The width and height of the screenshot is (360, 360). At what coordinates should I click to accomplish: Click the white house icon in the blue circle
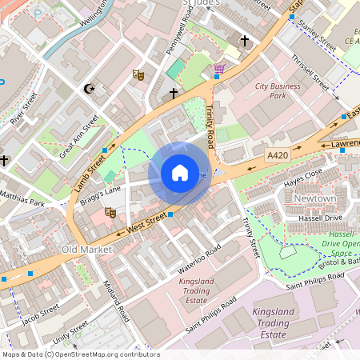point(180,173)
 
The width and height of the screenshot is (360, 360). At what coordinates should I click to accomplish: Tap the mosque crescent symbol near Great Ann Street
point(90,89)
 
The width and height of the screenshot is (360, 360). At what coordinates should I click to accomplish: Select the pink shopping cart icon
point(218,70)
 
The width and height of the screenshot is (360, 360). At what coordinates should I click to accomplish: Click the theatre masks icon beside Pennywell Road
point(138,74)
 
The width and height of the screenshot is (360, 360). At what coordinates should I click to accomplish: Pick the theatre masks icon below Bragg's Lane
point(110,212)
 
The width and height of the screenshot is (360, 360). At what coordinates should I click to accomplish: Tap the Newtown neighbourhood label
point(314,198)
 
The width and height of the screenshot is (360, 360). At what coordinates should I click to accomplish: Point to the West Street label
point(146,222)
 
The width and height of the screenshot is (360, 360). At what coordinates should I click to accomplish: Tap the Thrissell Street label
point(310,71)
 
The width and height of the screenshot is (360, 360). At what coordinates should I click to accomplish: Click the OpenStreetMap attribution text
point(80,354)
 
